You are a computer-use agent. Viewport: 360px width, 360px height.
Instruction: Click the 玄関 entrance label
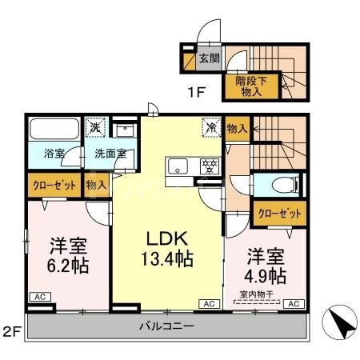[210, 58]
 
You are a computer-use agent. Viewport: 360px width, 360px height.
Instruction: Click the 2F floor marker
[11, 330]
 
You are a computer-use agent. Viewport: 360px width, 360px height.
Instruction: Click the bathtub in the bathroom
[54, 130]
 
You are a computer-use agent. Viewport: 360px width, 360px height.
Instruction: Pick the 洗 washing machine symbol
[94, 126]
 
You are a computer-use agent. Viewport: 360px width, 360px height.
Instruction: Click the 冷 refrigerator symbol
[211, 126]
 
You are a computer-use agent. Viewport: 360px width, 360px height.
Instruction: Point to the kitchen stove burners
[208, 166]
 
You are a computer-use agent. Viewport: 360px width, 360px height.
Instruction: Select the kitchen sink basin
[178, 166]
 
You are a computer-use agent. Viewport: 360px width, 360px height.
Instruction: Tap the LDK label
[166, 238]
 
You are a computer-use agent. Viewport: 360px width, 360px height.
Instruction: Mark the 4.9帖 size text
[266, 276]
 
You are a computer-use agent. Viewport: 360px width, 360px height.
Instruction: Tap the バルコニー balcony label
[166, 326]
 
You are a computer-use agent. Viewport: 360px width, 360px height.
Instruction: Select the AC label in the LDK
[209, 304]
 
